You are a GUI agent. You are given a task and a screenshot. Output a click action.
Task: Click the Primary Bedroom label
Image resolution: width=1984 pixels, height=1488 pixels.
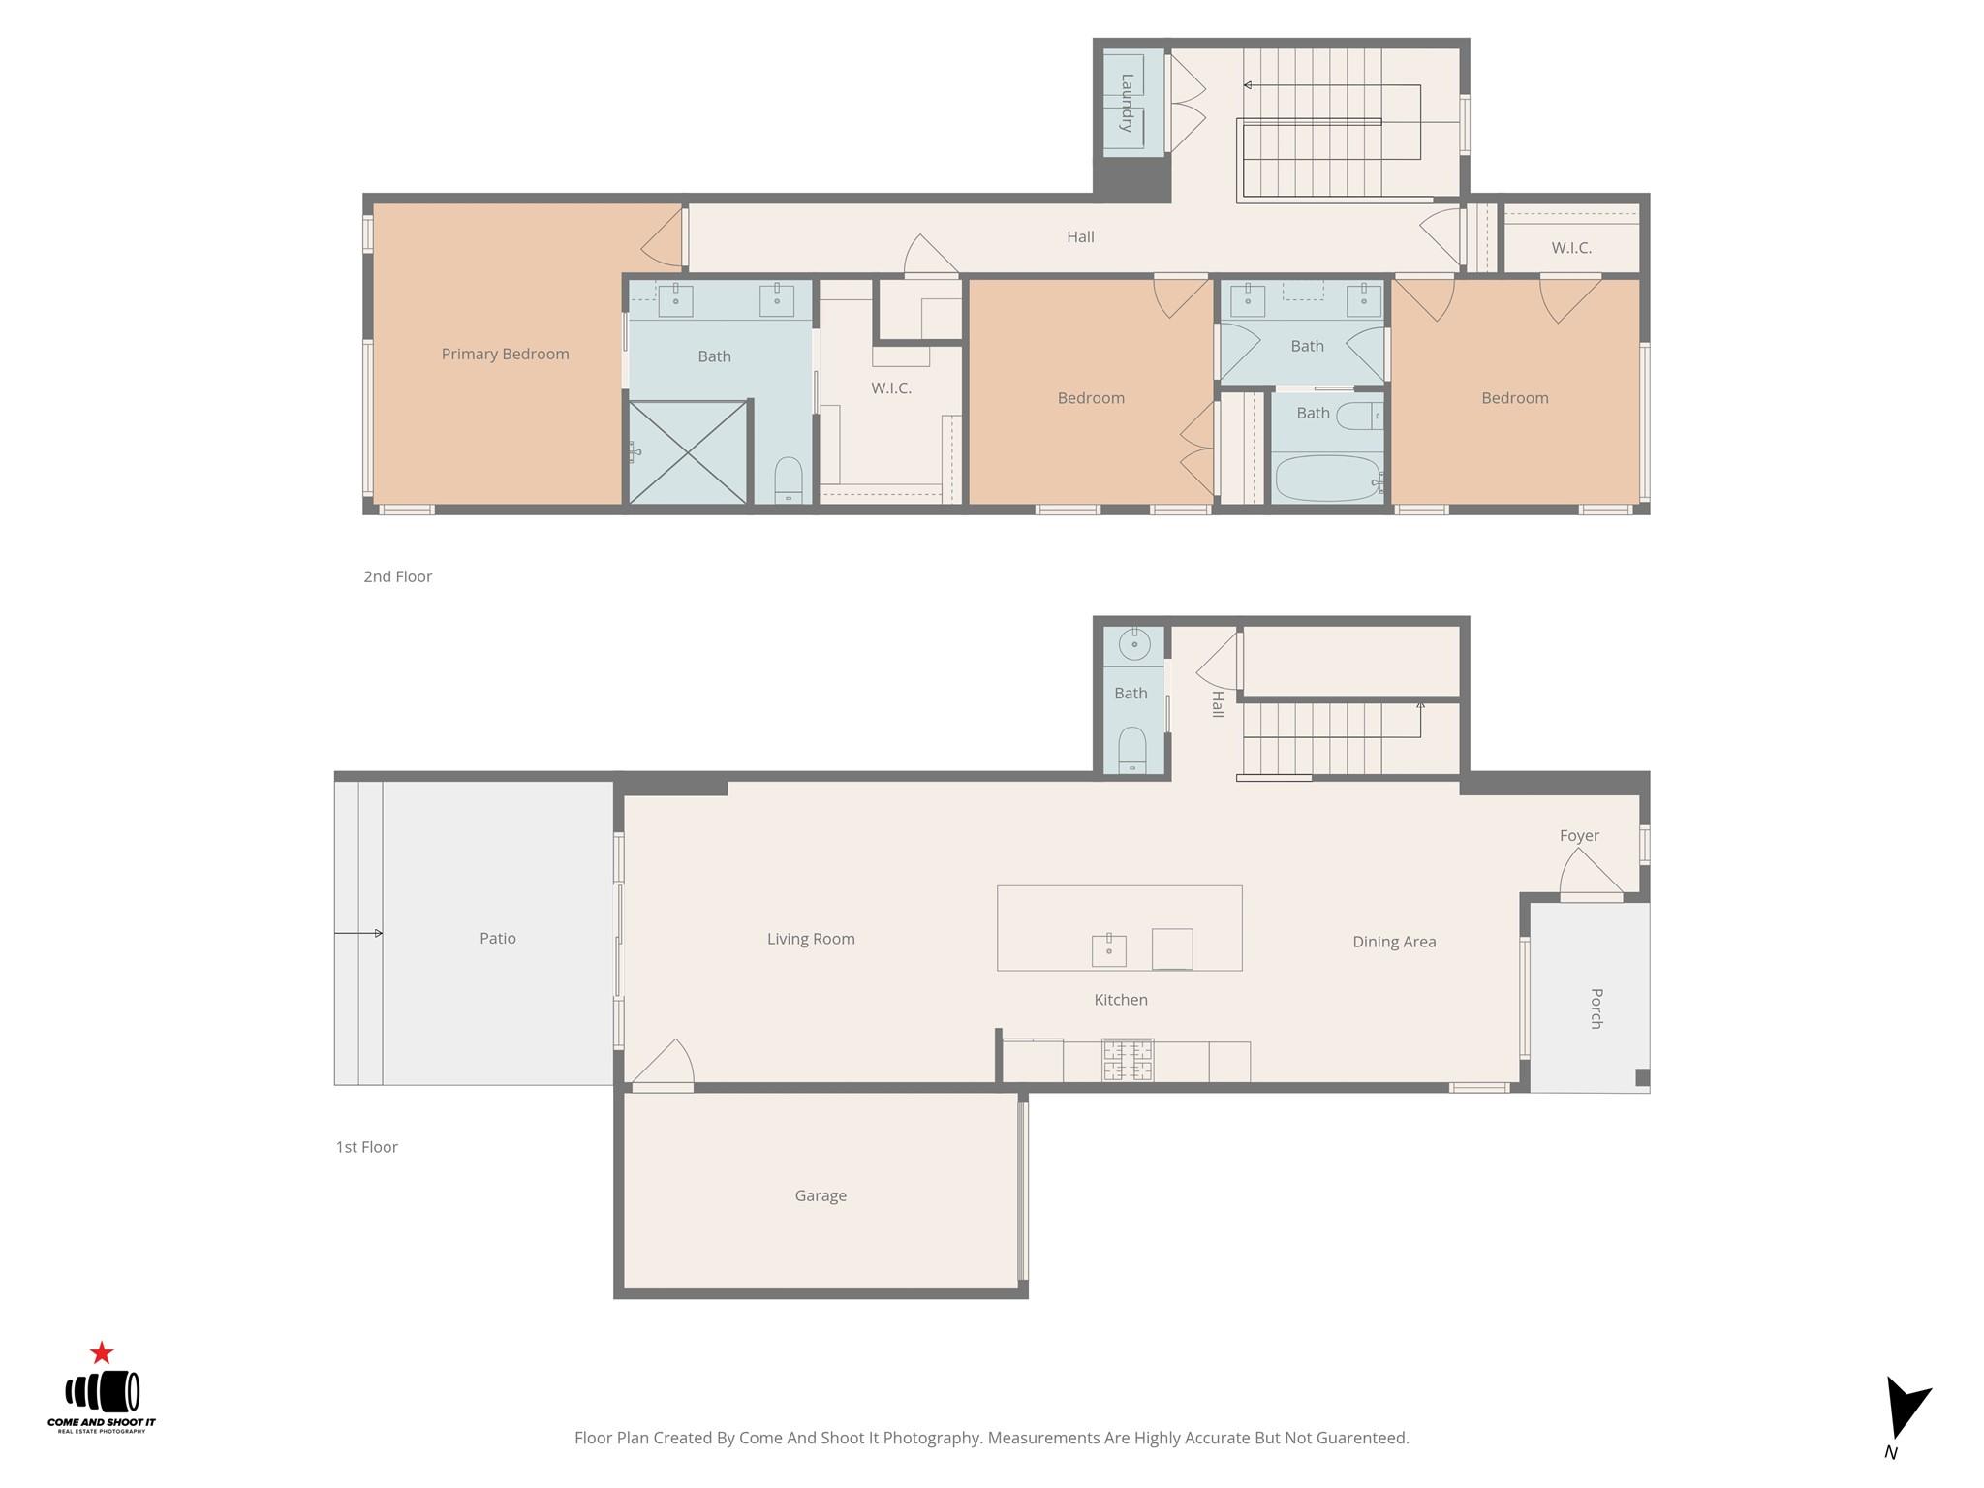click(505, 355)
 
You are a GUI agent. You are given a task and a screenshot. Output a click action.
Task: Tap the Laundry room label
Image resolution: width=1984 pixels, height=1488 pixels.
click(1127, 103)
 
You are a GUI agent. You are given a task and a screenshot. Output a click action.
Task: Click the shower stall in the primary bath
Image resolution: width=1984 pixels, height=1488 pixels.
click(688, 452)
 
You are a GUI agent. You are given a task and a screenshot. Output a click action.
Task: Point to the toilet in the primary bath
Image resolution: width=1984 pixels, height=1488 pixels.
click(789, 480)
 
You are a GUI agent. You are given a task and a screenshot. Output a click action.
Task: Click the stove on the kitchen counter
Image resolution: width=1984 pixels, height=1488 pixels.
click(1128, 1061)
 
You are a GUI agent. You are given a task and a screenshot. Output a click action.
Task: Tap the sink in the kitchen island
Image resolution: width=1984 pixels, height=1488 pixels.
click(1109, 950)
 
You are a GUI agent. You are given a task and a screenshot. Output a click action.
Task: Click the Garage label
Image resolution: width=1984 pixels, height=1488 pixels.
click(821, 1195)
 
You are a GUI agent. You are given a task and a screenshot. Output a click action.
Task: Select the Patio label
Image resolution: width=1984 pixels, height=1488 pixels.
click(498, 938)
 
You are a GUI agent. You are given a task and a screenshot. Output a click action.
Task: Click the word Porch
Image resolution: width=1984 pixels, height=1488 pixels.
click(1596, 1008)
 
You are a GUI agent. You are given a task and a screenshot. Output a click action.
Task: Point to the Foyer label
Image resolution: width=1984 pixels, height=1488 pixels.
click(1579, 835)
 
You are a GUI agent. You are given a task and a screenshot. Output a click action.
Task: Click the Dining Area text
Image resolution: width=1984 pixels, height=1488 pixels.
click(1394, 942)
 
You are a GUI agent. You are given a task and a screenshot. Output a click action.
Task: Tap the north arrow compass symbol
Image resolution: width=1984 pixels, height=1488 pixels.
click(1906, 1410)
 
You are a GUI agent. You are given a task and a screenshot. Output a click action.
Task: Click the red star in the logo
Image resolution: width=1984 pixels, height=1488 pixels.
click(102, 1352)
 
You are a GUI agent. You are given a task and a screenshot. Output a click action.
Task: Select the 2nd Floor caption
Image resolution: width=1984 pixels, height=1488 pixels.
click(398, 576)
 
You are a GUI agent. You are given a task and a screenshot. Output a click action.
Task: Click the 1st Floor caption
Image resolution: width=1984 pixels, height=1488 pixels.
click(367, 1147)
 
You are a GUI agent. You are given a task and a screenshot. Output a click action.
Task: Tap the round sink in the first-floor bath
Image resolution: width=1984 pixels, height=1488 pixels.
click(1133, 644)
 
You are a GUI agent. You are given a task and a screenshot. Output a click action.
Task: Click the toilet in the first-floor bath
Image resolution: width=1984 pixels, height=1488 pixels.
click(1132, 750)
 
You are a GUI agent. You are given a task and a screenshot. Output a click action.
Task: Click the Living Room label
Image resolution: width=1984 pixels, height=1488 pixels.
click(811, 939)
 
